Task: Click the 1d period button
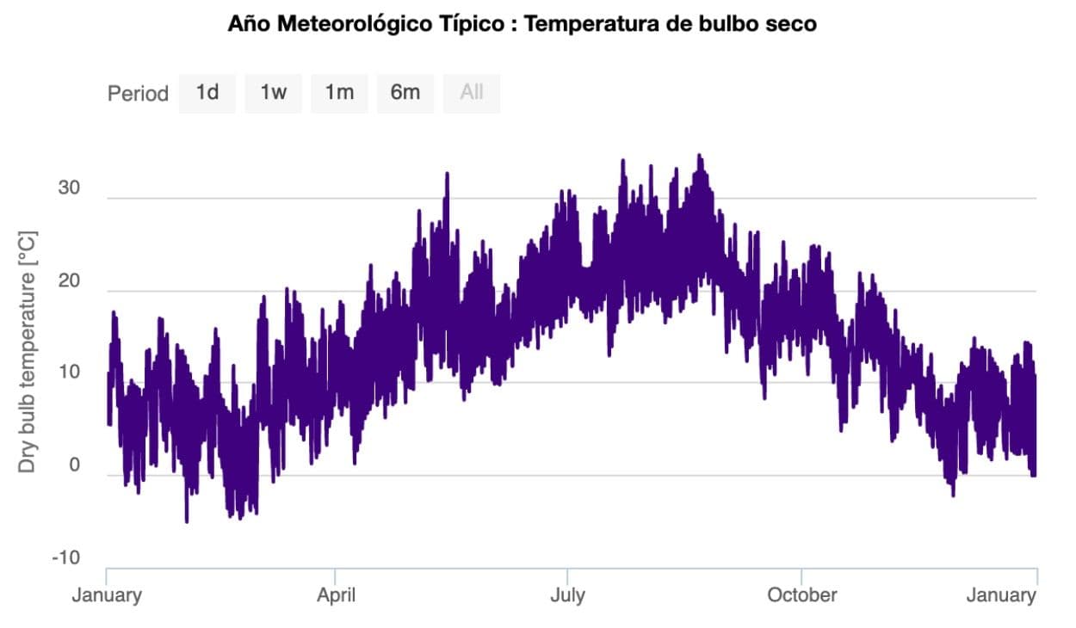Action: coord(207,93)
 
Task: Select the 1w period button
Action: coord(273,93)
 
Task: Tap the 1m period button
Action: coord(339,93)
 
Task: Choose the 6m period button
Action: coord(405,93)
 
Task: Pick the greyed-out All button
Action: coord(472,93)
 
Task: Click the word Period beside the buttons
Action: coord(138,94)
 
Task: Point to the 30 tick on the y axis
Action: coord(69,188)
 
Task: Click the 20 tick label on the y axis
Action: coord(69,281)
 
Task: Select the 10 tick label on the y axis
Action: coord(69,373)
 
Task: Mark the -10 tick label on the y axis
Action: coord(65,558)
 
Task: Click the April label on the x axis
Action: coord(336,595)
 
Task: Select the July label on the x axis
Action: coord(567,595)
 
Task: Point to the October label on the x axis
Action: coord(801,595)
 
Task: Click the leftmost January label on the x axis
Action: coord(106,595)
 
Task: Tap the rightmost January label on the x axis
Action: coord(1001,595)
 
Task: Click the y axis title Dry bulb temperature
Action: coord(28,350)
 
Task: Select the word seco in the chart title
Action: coord(792,24)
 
